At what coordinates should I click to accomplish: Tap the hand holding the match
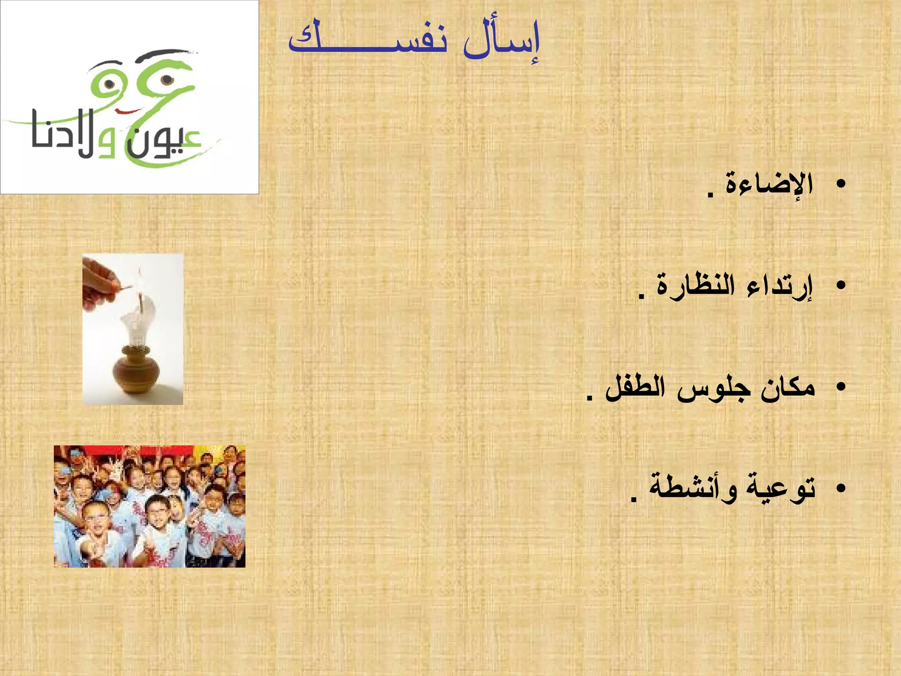pos(99,282)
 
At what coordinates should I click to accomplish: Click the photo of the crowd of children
pos(150,506)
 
